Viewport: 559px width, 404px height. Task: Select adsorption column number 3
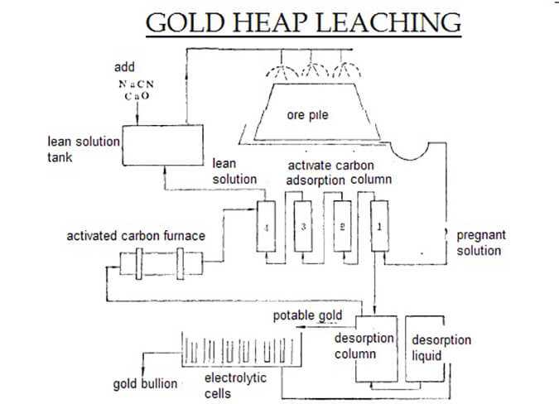[x=304, y=226]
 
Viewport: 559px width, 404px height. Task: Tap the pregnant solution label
[x=480, y=243]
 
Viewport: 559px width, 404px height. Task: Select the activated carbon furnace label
[x=136, y=237]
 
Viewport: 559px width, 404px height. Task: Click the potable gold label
[x=307, y=315]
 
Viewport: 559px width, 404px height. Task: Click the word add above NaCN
[x=123, y=66]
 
